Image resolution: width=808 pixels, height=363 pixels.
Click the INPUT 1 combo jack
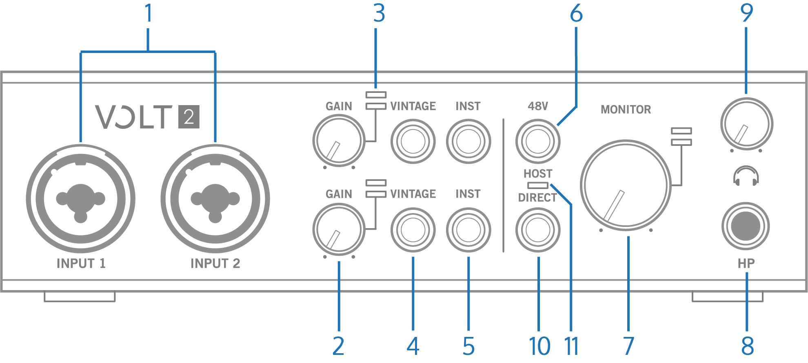pos(80,198)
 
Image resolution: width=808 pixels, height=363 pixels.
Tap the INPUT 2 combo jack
pos(215,198)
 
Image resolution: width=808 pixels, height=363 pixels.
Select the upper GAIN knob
pos(339,141)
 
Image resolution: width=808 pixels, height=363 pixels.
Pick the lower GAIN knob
pos(339,229)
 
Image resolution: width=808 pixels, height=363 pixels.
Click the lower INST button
pos(468,230)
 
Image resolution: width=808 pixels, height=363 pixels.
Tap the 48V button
pos(538,141)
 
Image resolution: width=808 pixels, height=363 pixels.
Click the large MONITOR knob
pos(626,185)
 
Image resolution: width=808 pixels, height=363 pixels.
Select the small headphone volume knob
pos(747,124)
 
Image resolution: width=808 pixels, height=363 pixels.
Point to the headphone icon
pos(746,176)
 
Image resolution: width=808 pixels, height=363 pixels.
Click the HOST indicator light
pos(538,185)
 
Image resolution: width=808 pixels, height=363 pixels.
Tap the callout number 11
pos(572,346)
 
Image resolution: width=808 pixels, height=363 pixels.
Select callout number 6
pos(576,13)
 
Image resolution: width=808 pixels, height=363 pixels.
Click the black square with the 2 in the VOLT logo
pos(189,117)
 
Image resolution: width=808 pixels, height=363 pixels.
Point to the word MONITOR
pos(626,110)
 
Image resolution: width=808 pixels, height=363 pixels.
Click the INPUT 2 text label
pos(215,264)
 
